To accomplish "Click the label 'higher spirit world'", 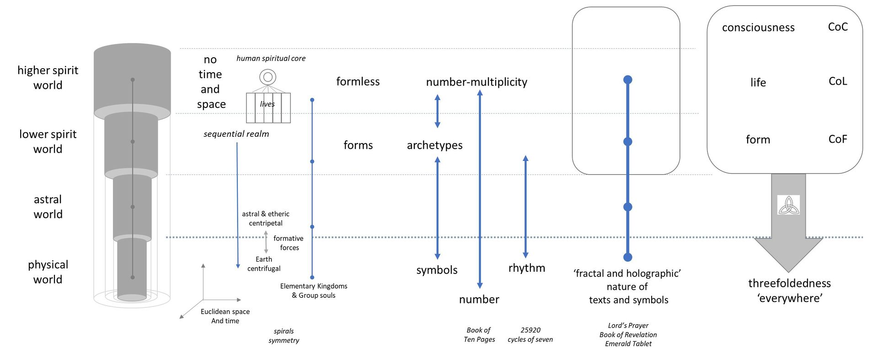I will pyautogui.click(x=48, y=77).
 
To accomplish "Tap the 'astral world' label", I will pyautogui.click(x=48, y=207).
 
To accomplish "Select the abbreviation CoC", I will pyautogui.click(x=838, y=27).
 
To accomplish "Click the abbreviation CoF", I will pyautogui.click(x=838, y=139).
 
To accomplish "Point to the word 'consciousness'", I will pyautogui.click(x=758, y=27).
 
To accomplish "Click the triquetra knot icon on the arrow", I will pyautogui.click(x=788, y=205).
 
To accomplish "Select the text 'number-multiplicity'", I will pyautogui.click(x=476, y=82).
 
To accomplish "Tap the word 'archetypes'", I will pyautogui.click(x=434, y=145).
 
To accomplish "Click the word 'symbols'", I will pyautogui.click(x=437, y=270).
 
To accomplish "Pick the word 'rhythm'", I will pyautogui.click(x=527, y=268).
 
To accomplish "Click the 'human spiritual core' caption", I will pyautogui.click(x=271, y=59).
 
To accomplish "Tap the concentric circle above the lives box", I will pyautogui.click(x=268, y=77).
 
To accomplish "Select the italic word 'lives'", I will pyautogui.click(x=268, y=104).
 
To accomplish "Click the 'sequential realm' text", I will pyautogui.click(x=236, y=134).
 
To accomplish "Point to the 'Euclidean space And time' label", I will pyautogui.click(x=225, y=316).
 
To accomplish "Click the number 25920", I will pyautogui.click(x=530, y=330).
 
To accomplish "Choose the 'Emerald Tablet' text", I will pyautogui.click(x=628, y=344).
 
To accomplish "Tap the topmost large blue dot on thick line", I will pyautogui.click(x=628, y=80).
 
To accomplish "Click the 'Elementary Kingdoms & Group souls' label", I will pyautogui.click(x=314, y=290).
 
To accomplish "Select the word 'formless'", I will pyautogui.click(x=358, y=81).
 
